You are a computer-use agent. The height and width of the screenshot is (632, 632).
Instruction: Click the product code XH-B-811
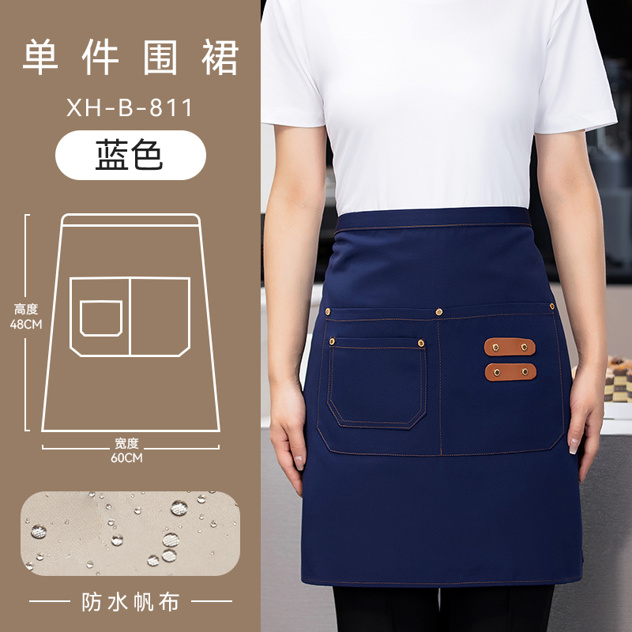coord(130,108)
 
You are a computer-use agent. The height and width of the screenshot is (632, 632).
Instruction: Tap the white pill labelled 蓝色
coord(130,155)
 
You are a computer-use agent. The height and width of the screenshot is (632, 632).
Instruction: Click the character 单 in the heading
coord(40,57)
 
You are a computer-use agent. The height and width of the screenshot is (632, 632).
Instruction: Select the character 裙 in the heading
coord(220,57)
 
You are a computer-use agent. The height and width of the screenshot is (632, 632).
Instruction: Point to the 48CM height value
coord(26,324)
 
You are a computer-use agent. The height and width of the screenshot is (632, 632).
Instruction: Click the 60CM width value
coord(126,458)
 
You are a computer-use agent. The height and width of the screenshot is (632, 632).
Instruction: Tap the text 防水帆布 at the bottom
coord(130,602)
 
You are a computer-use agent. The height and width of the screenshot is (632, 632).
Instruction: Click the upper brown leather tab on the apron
coord(510,347)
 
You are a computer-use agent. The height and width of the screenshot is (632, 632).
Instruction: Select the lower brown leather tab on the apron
coord(510,372)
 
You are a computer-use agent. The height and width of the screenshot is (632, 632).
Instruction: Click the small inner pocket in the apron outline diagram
coord(101,318)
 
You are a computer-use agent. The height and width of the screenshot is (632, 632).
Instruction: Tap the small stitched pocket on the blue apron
coord(378,382)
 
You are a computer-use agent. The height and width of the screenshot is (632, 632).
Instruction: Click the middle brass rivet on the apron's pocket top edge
coord(439,311)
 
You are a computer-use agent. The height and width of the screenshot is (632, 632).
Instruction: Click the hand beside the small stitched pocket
coord(288,435)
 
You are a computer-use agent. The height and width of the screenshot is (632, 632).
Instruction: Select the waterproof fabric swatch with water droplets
coord(130,533)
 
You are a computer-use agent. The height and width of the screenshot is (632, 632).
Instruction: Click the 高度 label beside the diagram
coord(26,310)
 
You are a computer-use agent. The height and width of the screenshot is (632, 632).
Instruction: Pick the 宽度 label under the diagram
coord(126,443)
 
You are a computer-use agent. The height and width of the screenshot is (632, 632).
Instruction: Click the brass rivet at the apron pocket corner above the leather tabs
coord(551,307)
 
